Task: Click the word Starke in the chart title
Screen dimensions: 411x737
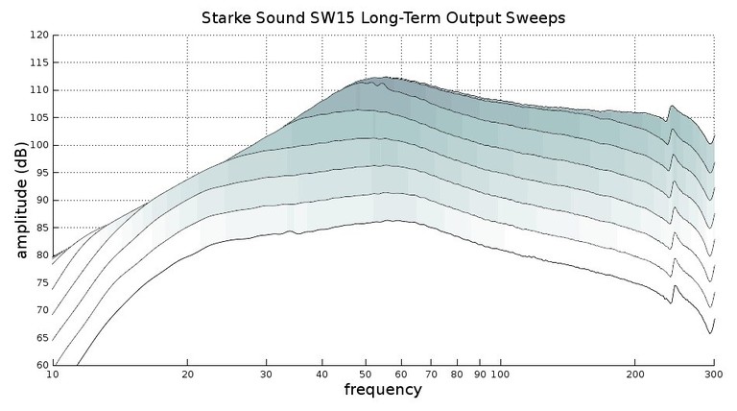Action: pyautogui.click(x=230, y=17)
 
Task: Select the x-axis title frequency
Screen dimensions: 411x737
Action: pyautogui.click(x=383, y=390)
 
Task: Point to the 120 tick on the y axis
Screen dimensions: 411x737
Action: pyautogui.click(x=38, y=35)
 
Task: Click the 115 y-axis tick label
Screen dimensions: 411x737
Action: pyautogui.click(x=38, y=62)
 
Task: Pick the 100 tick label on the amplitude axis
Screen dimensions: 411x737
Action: pyautogui.click(x=38, y=145)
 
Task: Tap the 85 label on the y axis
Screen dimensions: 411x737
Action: pyautogui.click(x=40, y=228)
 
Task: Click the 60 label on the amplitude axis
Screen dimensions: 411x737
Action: pyautogui.click(x=40, y=365)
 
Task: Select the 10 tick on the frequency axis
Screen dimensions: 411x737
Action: pyautogui.click(x=53, y=375)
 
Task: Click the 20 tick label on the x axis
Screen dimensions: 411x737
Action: pyautogui.click(x=187, y=375)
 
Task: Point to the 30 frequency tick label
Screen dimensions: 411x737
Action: pyautogui.click(x=266, y=375)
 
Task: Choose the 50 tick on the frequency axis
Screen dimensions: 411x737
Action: pyautogui.click(x=365, y=375)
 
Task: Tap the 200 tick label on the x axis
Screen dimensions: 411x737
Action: pyautogui.click(x=634, y=375)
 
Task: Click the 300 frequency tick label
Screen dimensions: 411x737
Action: pyautogui.click(x=713, y=375)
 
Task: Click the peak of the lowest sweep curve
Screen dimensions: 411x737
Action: pyautogui.click(x=392, y=220)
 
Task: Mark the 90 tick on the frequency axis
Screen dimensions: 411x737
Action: pyautogui.click(x=479, y=375)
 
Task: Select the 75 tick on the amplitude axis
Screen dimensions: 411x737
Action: pyautogui.click(x=40, y=282)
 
